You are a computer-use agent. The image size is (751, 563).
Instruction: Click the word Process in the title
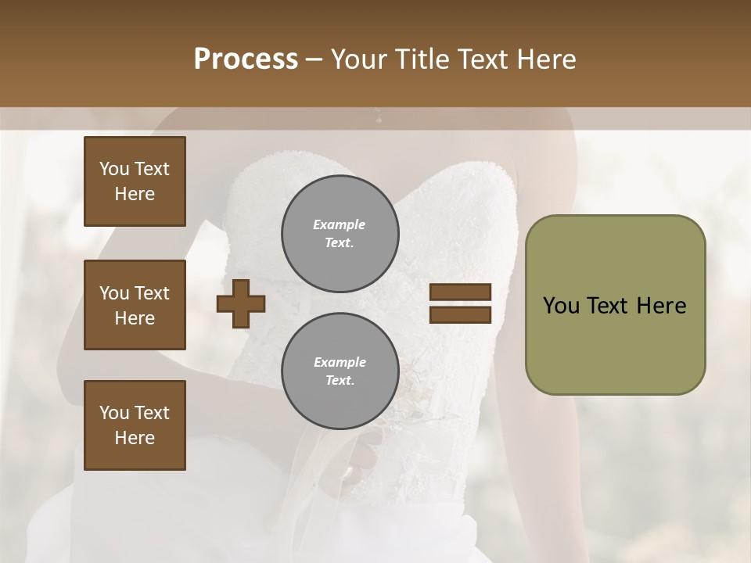coord(246,59)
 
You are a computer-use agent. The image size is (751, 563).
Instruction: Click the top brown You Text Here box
coord(135,181)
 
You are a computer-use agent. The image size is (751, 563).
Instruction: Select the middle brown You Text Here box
coord(135,305)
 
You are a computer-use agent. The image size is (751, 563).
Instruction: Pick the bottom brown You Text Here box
coord(135,425)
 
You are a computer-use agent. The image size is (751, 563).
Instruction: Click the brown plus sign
coord(241,303)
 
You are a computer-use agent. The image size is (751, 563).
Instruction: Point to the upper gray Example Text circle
coord(340,233)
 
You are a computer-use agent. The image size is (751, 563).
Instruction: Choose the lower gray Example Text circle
coord(340,371)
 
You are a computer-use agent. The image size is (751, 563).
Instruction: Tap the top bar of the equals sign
coord(460,292)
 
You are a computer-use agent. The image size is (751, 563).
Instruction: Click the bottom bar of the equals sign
coord(460,314)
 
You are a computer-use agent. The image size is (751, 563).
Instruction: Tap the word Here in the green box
coord(661,306)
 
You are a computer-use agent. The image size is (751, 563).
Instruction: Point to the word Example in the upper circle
coord(340,224)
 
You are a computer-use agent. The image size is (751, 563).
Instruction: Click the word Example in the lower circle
coord(340,362)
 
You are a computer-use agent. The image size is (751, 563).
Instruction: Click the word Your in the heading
coord(361,59)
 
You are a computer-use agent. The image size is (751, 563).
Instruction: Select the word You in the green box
coord(561,306)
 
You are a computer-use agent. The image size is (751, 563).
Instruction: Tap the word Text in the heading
coord(481,59)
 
